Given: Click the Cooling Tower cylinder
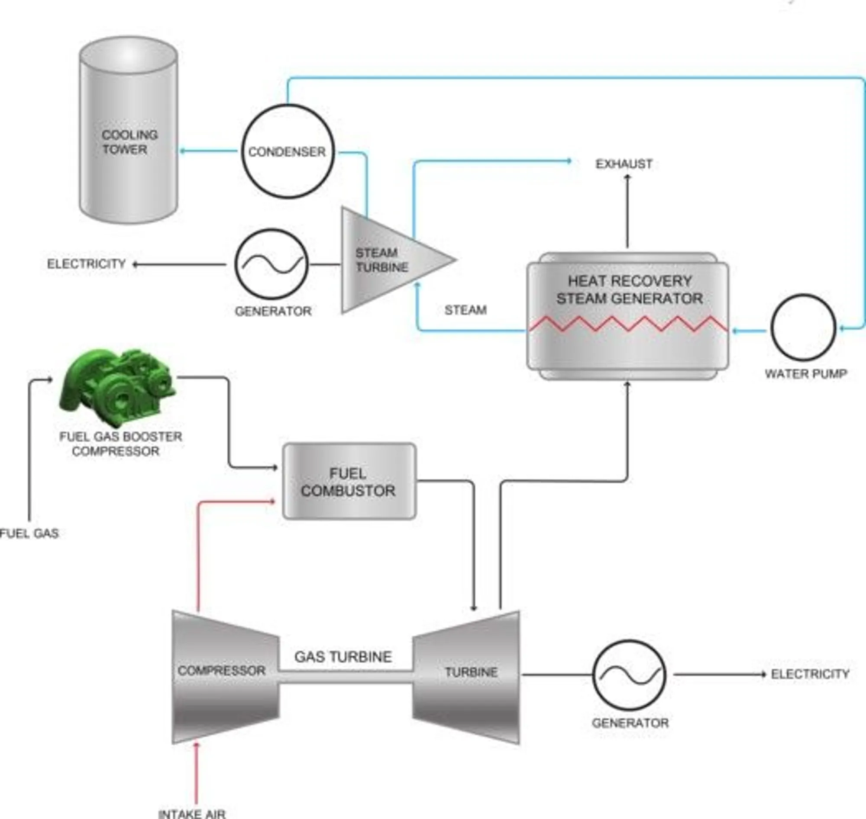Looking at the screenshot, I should click(129, 131).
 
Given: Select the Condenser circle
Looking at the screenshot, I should click(288, 151).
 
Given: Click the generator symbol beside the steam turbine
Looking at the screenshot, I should click(271, 264).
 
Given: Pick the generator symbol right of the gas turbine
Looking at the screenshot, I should click(629, 675).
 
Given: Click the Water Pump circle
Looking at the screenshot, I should click(803, 328).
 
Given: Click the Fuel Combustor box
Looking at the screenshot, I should click(349, 482).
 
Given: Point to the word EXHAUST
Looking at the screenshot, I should click(624, 164).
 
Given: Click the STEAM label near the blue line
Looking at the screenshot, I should click(465, 310).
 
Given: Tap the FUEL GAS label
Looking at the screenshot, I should click(29, 533).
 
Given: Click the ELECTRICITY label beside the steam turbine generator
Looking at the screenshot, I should click(87, 263).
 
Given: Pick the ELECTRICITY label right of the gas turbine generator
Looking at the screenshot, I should click(810, 674).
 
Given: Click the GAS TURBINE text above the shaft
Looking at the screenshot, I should click(343, 657).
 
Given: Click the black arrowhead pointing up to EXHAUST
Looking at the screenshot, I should click(627, 177).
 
